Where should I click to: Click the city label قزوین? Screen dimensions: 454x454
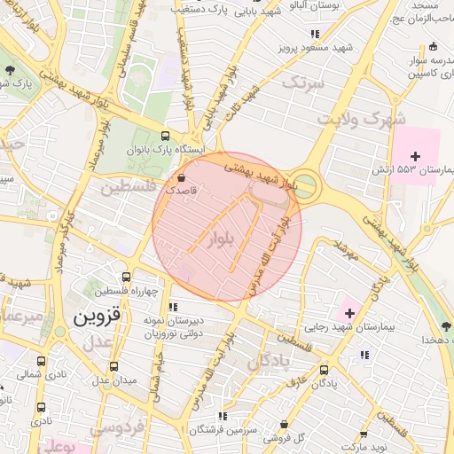[98, 317]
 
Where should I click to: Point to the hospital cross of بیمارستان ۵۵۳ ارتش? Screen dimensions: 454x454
[415, 156]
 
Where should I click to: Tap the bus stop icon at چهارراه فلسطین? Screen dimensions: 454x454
[128, 277]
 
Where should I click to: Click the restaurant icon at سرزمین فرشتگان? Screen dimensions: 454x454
[223, 415]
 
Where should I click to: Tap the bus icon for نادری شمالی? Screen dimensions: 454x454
[42, 361]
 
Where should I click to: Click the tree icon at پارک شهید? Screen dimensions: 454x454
[10, 68]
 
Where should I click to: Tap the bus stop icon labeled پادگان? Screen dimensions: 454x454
[324, 370]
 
